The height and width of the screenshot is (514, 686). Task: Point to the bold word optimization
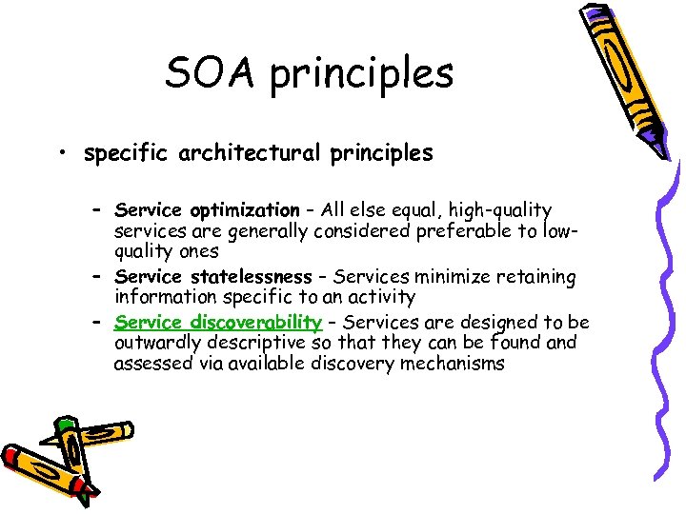pyautogui.click(x=245, y=210)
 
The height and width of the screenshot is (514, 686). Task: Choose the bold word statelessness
pyautogui.click(x=250, y=278)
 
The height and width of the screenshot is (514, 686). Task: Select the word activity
pyautogui.click(x=379, y=298)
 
